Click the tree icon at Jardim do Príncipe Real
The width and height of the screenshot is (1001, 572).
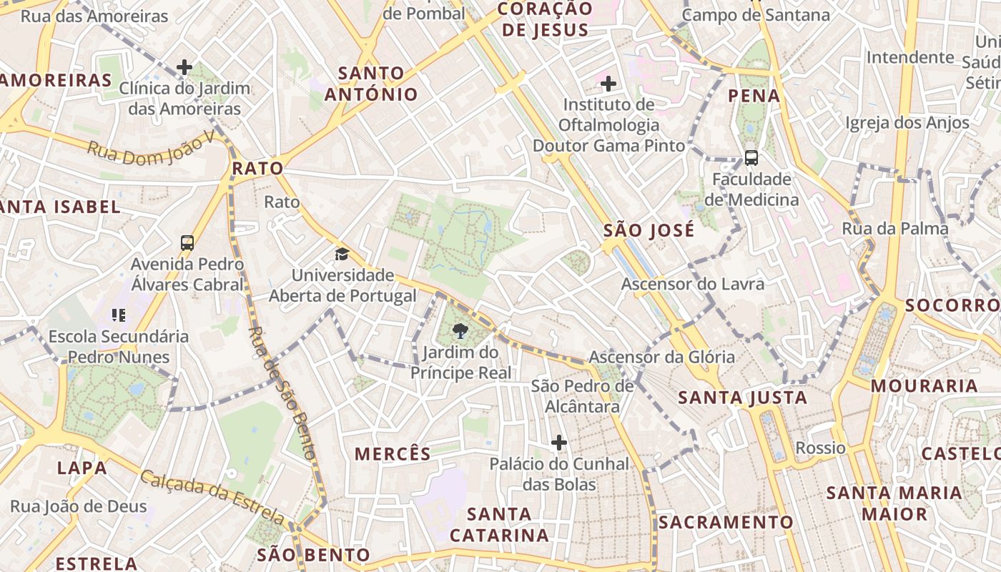tap(460, 330)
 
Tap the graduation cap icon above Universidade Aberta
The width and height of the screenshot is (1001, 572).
tap(342, 254)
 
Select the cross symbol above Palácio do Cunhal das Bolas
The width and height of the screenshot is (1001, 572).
tap(559, 443)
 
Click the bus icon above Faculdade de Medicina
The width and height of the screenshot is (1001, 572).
tap(751, 158)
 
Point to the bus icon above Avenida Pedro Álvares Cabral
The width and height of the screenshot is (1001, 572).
tap(187, 243)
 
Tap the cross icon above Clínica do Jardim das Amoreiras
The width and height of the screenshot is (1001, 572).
tap(184, 68)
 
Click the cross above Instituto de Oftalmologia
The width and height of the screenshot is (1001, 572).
tap(608, 84)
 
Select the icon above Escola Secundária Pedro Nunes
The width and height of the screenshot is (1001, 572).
tap(119, 315)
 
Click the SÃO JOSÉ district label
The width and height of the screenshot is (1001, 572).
tap(649, 230)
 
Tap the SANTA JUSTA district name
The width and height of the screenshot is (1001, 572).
tap(742, 398)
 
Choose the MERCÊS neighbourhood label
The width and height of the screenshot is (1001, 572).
tap(393, 453)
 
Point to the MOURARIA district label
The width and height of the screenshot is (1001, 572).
tap(924, 386)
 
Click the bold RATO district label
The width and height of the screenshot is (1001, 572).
tap(257, 169)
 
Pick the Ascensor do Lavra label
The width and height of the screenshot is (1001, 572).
tap(692, 284)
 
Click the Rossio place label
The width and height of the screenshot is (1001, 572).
tap(820, 448)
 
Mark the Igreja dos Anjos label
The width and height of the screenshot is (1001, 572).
tap(907, 123)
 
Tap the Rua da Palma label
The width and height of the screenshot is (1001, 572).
tap(895, 229)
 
